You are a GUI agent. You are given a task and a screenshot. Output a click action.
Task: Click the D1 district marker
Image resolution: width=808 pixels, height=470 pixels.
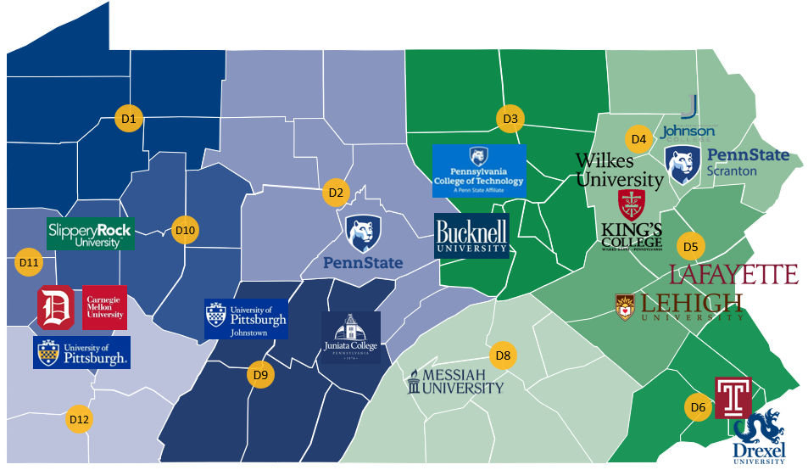pyautogui.click(x=129, y=119)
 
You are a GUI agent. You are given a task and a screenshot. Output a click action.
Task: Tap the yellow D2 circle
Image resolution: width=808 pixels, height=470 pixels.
pyautogui.click(x=336, y=193)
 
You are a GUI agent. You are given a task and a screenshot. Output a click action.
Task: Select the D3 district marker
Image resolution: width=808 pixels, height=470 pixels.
pyautogui.click(x=510, y=119)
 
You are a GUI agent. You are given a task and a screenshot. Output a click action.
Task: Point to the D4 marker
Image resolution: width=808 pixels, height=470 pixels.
pyautogui.click(x=638, y=138)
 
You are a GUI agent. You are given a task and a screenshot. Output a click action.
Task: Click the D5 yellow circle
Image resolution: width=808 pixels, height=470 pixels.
pyautogui.click(x=690, y=247)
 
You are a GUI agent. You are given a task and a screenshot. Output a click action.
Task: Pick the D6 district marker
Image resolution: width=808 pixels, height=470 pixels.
pyautogui.click(x=698, y=408)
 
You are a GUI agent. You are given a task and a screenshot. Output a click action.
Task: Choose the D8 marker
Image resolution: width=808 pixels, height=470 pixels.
pyautogui.click(x=503, y=355)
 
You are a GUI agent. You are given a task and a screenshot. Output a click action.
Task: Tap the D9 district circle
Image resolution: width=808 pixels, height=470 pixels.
pyautogui.click(x=260, y=374)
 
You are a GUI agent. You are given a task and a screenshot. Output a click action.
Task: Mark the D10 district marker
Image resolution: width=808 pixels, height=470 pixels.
pyautogui.click(x=184, y=230)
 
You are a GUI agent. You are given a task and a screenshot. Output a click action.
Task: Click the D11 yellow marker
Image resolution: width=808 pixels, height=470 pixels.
pyautogui.click(x=29, y=262)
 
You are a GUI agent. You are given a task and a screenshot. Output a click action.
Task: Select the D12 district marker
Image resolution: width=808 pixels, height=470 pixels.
pyautogui.click(x=79, y=419)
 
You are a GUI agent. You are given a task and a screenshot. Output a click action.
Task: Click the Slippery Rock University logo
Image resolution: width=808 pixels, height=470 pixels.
pyautogui.click(x=91, y=233)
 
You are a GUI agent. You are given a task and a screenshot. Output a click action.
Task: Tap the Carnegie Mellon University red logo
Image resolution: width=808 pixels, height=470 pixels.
pyautogui.click(x=105, y=307)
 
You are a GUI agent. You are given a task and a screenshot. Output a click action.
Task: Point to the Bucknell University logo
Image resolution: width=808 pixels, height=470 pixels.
pyautogui.click(x=471, y=235)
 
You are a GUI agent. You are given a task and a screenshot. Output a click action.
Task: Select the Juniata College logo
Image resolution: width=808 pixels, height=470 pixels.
pyautogui.click(x=351, y=338)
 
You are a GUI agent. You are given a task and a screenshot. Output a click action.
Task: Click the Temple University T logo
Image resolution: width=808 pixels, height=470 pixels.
pyautogui.click(x=733, y=397)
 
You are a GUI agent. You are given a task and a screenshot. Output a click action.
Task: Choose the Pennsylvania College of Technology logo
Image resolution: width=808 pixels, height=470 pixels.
pyautogui.click(x=479, y=171)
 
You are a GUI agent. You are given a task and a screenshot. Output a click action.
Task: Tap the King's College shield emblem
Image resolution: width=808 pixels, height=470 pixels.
pyautogui.click(x=632, y=205)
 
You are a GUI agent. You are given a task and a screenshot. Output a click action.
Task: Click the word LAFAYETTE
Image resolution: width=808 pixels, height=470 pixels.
pyautogui.click(x=733, y=274)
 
